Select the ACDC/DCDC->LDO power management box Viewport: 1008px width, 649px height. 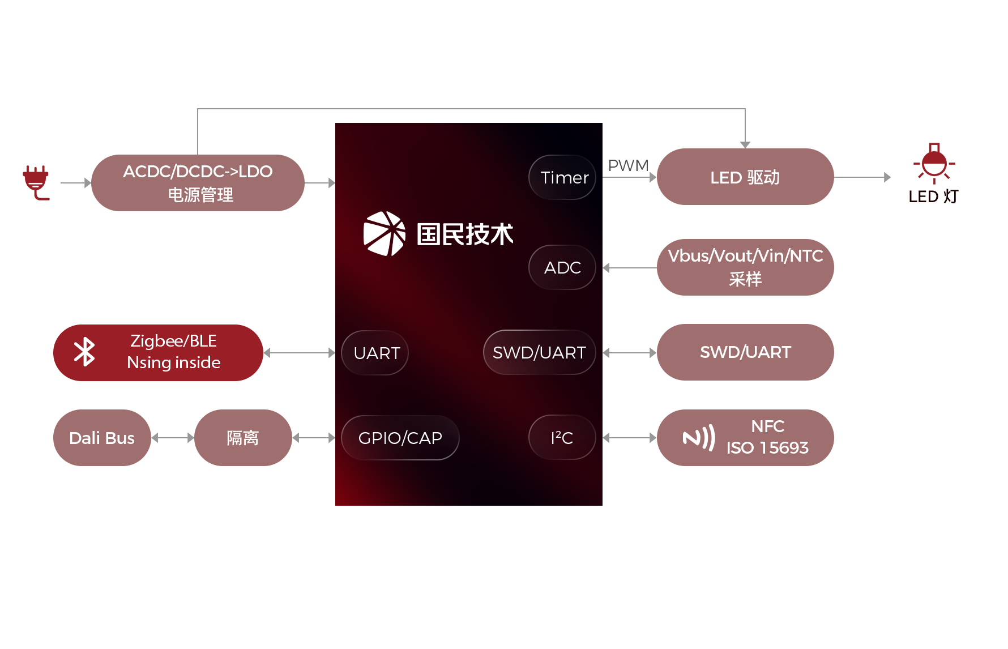tap(198, 183)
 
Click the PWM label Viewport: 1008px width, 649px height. tap(627, 165)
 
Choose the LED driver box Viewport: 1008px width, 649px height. tap(745, 177)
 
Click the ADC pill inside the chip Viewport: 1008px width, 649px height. tap(562, 267)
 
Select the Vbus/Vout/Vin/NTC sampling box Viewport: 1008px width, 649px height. tap(745, 267)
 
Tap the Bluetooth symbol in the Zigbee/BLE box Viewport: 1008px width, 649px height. tap(84, 352)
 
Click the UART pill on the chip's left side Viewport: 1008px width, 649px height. tap(375, 353)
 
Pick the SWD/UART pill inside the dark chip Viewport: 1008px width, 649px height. tap(539, 352)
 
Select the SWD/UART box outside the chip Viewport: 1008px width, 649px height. tap(745, 352)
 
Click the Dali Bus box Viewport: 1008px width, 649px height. tap(102, 438)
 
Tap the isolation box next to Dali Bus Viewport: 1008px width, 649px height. tap(242, 438)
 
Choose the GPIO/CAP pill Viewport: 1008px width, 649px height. tap(400, 438)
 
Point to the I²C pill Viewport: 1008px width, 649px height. tap(562, 438)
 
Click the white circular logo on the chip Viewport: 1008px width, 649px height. tap(384, 233)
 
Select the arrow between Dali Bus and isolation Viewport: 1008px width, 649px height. tap(173, 438)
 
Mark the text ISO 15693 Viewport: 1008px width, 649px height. tap(767, 448)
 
